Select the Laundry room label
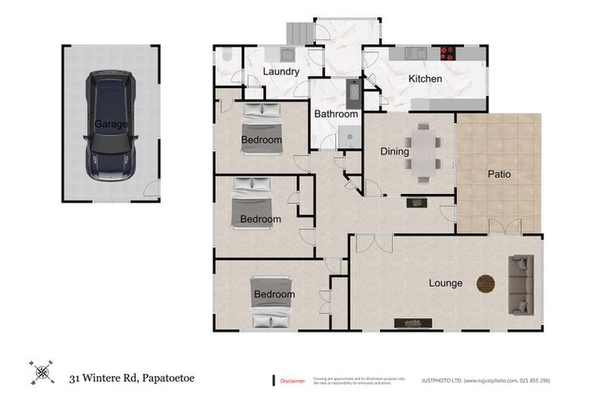click(x=281, y=72)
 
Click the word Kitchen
click(x=425, y=79)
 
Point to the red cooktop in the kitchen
click(x=449, y=53)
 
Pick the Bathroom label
click(x=336, y=114)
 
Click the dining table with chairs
click(x=423, y=152)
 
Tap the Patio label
click(x=499, y=174)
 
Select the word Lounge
click(x=445, y=283)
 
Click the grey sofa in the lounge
click(x=521, y=283)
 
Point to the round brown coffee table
click(x=487, y=283)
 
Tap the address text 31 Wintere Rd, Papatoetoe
click(x=131, y=378)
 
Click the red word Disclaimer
click(x=292, y=381)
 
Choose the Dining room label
click(x=394, y=152)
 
